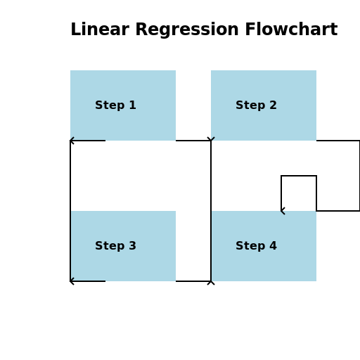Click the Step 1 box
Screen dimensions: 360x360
(x=123, y=105)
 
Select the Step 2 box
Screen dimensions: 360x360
(x=264, y=105)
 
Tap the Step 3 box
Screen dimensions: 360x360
(x=123, y=246)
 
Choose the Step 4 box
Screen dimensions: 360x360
(x=264, y=246)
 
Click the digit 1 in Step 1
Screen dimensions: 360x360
(x=132, y=105)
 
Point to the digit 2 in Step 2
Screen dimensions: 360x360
(x=273, y=105)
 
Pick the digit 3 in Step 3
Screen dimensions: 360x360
(x=132, y=246)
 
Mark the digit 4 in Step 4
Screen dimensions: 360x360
(x=273, y=246)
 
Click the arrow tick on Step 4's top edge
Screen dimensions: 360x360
(x=283, y=212)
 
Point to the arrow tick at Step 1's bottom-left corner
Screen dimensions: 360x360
(x=72, y=139)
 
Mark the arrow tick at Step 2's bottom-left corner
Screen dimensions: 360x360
(x=213, y=139)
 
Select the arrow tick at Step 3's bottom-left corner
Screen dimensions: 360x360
(x=72, y=279)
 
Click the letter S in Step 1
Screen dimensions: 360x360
(x=99, y=105)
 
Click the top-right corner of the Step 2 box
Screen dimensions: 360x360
(x=316, y=71)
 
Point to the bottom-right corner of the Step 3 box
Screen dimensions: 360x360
(x=175, y=281)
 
